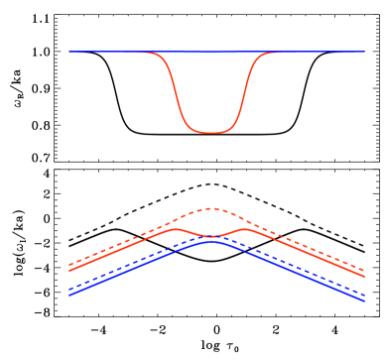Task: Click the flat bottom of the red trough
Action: click(x=210, y=132)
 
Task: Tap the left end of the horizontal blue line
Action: click(x=69, y=51)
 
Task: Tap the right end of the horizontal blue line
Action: click(x=364, y=51)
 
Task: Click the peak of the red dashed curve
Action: click(x=210, y=208)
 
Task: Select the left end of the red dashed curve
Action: click(x=69, y=265)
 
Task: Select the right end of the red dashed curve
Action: click(x=364, y=269)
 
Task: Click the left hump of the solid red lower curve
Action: click(x=175, y=229)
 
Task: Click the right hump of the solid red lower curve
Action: click(x=244, y=229)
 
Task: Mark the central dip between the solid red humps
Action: click(x=210, y=237)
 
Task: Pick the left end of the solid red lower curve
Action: click(x=69, y=270)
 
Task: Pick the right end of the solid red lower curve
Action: click(x=364, y=275)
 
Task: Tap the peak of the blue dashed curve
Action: click(x=210, y=236)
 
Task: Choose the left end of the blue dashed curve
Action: click(x=69, y=289)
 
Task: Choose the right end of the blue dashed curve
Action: click(x=364, y=295)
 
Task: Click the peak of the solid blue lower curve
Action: click(x=210, y=241)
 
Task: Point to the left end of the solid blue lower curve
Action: click(x=69, y=295)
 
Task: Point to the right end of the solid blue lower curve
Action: click(x=364, y=300)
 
